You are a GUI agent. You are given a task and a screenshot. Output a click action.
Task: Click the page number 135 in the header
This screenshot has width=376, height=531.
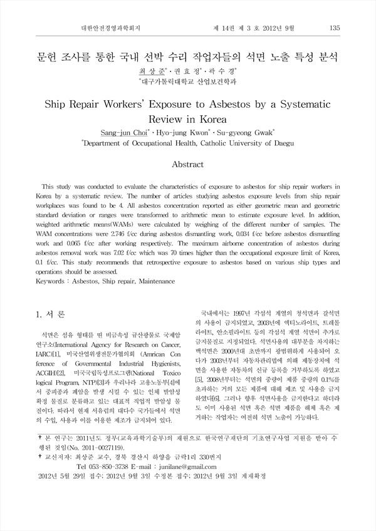[x=334, y=28]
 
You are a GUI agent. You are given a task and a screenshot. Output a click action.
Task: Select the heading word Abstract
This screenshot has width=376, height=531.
[x=187, y=165]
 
